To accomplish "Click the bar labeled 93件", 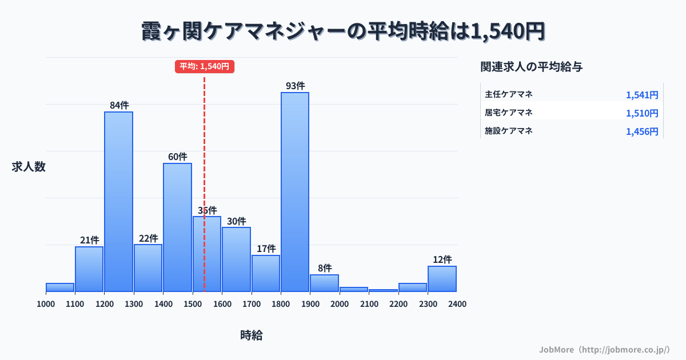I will click(x=294, y=191).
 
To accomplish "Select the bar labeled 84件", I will click(x=118, y=201).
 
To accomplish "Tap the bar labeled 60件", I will click(x=177, y=227).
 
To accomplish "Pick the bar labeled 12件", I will click(x=442, y=278).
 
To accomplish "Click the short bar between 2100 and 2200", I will click(x=383, y=290).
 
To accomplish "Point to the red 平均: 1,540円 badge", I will click(x=205, y=66).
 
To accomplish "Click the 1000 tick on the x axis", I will click(x=46, y=304).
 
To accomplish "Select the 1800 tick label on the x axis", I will click(x=281, y=304).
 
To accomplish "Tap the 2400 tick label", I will click(x=457, y=304).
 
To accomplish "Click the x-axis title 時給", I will click(x=252, y=335).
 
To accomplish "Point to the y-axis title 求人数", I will click(x=29, y=167).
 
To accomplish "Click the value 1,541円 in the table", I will click(x=642, y=95).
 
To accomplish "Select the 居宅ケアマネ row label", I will click(x=509, y=113).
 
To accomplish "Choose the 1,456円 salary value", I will click(x=642, y=131).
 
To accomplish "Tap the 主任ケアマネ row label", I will click(x=509, y=94).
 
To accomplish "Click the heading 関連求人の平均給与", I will click(x=532, y=67).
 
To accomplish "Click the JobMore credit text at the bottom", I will click(x=604, y=349).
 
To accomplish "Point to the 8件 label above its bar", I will click(x=324, y=268).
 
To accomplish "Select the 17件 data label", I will click(x=266, y=249).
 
